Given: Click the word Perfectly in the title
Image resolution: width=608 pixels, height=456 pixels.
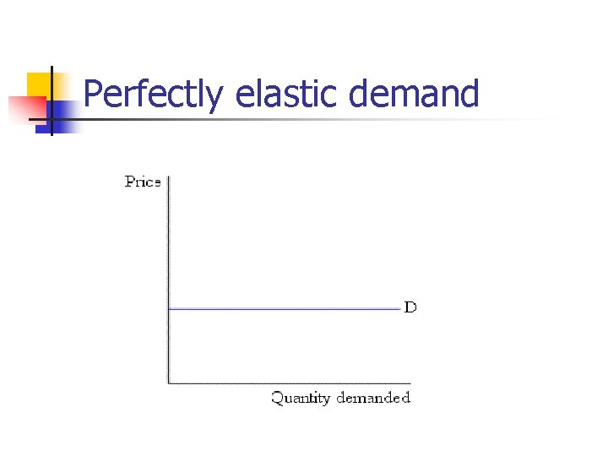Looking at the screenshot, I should [153, 95].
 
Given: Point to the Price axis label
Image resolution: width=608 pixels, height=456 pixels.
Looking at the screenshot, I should [143, 182].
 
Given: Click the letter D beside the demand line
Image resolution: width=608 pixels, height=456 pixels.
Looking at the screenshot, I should [410, 307].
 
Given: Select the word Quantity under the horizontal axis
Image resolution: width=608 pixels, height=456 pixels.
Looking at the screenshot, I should [301, 398].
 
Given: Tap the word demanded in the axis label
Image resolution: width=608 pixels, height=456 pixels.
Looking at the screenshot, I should [372, 397].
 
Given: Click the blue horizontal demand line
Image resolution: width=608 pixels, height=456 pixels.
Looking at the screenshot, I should [287, 309].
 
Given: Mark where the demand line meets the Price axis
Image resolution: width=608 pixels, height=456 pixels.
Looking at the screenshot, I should [169, 309].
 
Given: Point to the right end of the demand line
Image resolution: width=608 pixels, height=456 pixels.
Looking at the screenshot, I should [399, 309].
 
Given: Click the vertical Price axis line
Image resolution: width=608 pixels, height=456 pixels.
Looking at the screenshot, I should [169, 253].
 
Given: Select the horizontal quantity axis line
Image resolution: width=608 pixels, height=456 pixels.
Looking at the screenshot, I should [287, 383].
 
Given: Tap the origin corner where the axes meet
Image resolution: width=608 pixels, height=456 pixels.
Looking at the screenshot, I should [169, 383].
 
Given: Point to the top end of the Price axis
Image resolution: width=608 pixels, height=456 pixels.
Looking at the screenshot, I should [169, 176].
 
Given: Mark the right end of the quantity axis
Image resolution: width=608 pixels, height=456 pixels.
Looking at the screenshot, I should [411, 383].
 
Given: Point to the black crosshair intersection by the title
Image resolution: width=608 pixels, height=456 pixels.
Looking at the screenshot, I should [51, 120].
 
